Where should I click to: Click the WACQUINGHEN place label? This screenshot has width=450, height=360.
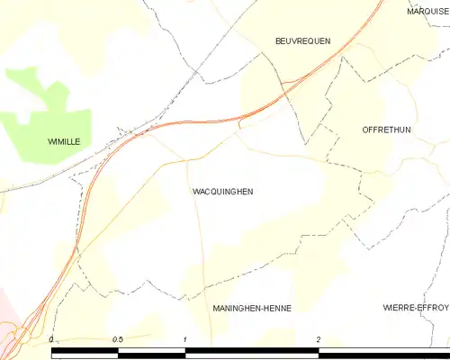click(222, 192)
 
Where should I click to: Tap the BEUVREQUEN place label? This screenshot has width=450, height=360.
click(302, 41)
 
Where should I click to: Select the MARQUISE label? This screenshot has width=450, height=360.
click(427, 12)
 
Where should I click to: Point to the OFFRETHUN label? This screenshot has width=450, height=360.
click(385, 130)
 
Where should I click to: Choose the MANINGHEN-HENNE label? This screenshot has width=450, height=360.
click(252, 308)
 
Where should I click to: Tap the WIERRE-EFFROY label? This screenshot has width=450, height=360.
click(415, 308)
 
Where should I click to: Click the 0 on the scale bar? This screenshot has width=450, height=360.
click(52, 339)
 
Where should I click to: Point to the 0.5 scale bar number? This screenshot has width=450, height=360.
click(117, 339)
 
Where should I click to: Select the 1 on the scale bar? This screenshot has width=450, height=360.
click(185, 339)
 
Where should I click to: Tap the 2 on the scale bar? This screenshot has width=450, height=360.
click(319, 339)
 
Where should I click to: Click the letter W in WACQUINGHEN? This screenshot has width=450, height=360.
click(196, 192)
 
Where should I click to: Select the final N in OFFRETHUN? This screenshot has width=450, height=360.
click(408, 130)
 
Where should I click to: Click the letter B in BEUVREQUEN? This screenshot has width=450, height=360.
click(277, 41)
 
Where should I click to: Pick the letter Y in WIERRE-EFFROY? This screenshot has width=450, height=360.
click(445, 308)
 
